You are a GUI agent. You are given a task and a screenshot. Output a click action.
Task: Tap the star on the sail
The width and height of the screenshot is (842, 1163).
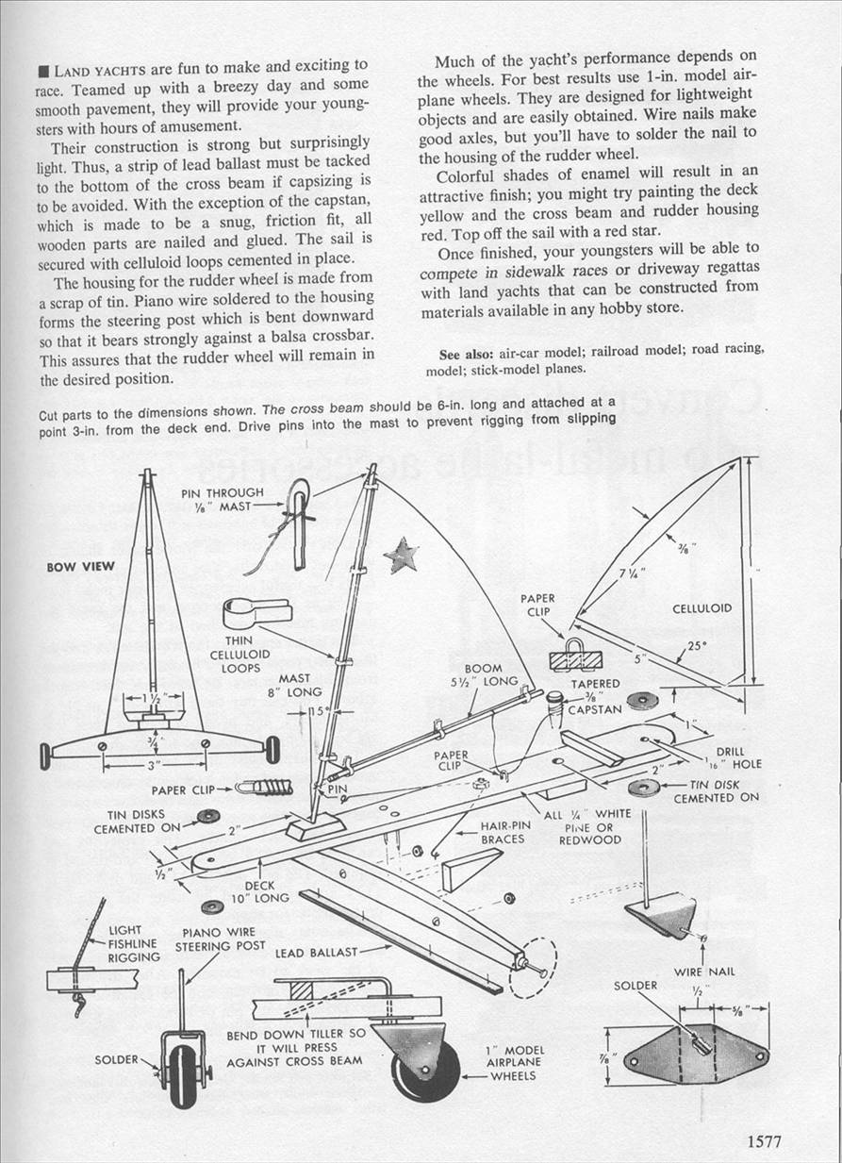[403, 554]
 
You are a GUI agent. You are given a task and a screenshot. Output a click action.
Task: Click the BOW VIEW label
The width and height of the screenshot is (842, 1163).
[80, 567]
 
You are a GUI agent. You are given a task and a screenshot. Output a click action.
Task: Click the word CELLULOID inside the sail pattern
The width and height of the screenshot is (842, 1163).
[702, 608]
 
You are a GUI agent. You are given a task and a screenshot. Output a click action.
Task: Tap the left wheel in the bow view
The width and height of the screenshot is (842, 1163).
[44, 755]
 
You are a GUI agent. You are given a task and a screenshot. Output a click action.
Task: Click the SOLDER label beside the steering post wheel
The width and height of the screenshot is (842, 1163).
[117, 1059]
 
